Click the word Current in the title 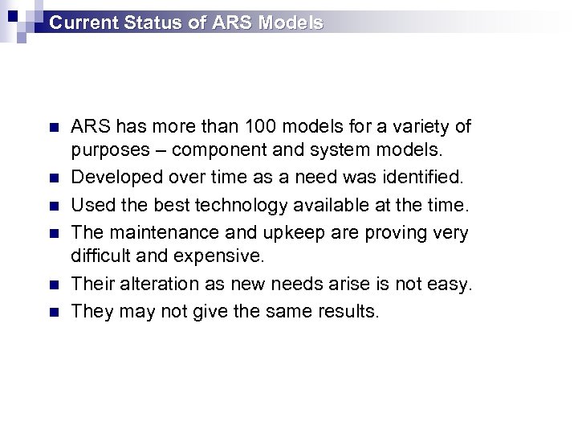coord(84,23)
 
